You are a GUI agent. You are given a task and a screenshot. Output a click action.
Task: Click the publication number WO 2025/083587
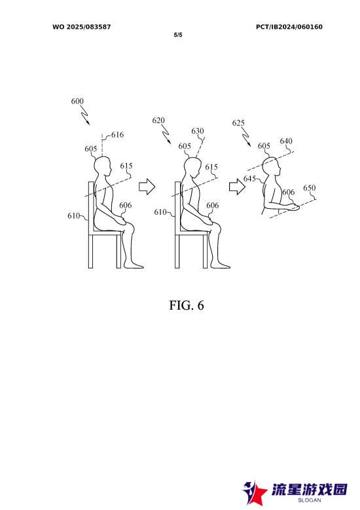(x=82, y=27)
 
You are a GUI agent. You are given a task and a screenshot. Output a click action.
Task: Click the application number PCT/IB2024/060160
(x=289, y=27)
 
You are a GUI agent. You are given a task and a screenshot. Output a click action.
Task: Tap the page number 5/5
(x=178, y=35)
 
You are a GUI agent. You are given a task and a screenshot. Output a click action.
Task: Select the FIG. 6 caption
(x=187, y=305)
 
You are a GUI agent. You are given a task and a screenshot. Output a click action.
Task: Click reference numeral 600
(x=77, y=101)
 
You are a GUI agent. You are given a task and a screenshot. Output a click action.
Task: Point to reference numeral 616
(x=117, y=135)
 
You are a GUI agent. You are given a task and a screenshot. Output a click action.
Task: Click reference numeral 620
(x=158, y=120)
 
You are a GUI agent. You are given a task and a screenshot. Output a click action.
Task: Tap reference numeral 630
(x=198, y=131)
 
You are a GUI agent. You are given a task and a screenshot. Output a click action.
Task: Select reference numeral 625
(x=238, y=123)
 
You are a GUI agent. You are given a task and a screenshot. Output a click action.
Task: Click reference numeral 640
(x=286, y=141)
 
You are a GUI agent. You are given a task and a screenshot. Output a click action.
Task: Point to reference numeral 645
(x=249, y=179)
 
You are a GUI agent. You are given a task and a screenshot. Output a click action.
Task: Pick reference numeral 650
(x=309, y=188)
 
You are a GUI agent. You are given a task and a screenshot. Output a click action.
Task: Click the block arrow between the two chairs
(x=147, y=187)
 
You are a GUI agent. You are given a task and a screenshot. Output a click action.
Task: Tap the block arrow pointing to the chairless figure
(x=238, y=187)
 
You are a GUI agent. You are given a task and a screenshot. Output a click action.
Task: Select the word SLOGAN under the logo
(x=309, y=500)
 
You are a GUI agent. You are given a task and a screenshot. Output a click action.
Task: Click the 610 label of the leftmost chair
(x=73, y=215)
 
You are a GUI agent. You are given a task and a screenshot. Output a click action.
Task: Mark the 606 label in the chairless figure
(x=289, y=192)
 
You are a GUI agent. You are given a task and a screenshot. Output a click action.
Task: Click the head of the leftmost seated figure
(x=103, y=166)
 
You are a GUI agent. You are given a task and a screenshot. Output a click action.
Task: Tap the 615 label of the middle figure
(x=211, y=167)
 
